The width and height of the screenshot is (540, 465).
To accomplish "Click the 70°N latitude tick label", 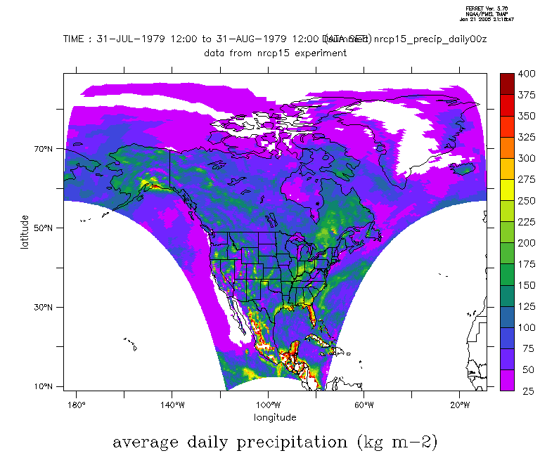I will [44, 149].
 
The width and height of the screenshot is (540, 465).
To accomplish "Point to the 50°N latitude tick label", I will [44, 228].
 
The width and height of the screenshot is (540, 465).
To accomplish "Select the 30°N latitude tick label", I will [44, 307].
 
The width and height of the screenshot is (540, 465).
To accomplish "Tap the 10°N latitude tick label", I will [44, 386].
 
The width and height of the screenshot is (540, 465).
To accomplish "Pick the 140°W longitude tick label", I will [172, 405].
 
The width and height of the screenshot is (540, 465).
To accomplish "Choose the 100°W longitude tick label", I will [268, 405].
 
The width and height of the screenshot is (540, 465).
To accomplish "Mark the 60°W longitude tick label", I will [364, 405].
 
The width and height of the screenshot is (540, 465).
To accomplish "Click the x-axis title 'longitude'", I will [275, 417].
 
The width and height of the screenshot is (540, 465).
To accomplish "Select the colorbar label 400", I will [525, 74].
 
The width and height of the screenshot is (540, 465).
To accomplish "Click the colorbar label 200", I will [525, 242].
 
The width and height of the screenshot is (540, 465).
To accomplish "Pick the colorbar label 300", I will [525, 158].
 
